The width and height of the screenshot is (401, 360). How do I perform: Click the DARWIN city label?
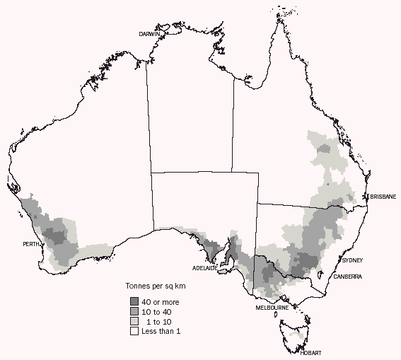149,34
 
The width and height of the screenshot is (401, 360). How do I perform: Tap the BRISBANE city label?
381,197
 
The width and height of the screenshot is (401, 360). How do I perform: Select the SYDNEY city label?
351,260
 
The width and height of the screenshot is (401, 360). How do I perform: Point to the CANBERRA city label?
348,277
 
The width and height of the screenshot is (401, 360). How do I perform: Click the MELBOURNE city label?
272,308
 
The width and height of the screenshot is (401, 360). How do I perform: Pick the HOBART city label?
310,352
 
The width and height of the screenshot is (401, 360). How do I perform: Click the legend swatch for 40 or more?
133,302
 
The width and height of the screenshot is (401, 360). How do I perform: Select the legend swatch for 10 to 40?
133,311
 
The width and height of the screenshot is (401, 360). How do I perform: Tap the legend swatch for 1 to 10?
133,321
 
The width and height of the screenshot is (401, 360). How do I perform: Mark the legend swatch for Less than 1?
133,330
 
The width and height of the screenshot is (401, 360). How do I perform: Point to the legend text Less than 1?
161,330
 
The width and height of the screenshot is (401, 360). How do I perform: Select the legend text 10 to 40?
156,311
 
